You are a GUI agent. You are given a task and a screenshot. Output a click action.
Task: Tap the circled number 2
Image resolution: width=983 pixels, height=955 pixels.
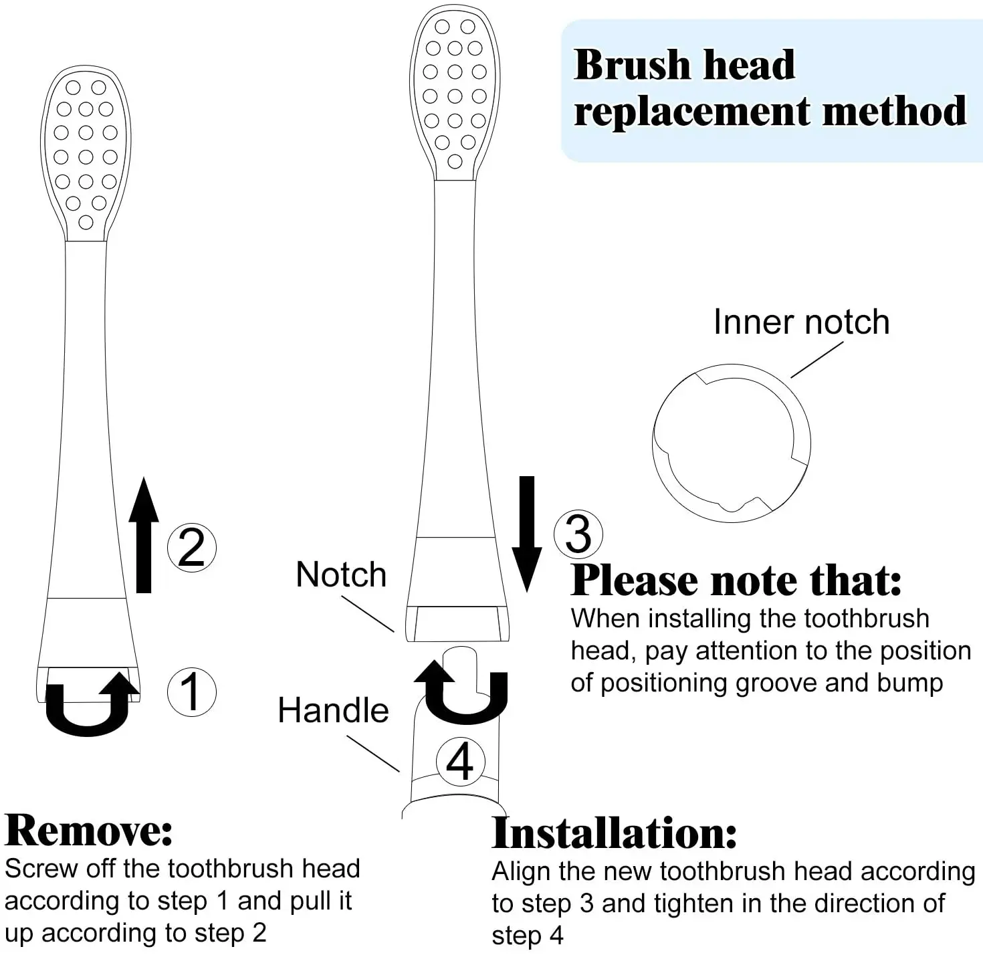[x=191, y=547]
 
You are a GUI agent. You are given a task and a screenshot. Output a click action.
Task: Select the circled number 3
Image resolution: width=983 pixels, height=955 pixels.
[x=578, y=534]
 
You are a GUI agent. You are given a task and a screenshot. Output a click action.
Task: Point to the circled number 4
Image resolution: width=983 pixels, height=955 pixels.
[x=460, y=761]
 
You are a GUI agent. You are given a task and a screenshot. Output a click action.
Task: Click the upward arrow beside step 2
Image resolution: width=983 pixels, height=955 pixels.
[x=143, y=535]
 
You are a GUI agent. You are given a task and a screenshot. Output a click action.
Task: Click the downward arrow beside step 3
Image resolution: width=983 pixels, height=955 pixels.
[x=527, y=534]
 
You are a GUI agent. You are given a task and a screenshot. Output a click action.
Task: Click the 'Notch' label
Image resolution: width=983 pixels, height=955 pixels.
[x=341, y=574]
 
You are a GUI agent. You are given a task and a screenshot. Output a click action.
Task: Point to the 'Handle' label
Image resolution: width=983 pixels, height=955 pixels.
[x=333, y=710]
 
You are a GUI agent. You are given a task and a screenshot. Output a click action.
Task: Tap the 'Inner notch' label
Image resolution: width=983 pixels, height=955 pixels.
[x=801, y=322]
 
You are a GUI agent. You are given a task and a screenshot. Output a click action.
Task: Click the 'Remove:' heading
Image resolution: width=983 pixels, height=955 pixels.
[x=89, y=831]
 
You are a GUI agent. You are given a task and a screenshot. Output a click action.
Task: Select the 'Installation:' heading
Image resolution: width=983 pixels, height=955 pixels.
[x=614, y=833]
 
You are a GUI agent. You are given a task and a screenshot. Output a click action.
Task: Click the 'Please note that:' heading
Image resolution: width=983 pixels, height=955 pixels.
[x=736, y=580]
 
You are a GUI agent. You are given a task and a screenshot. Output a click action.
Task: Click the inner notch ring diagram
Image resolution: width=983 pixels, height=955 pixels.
[x=731, y=443]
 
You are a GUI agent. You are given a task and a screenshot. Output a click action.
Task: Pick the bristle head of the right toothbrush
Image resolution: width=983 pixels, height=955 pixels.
[x=455, y=94]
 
